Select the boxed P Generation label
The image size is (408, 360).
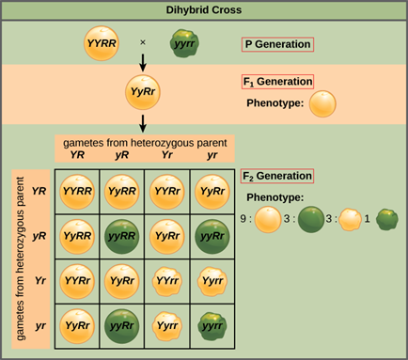tap(276, 44)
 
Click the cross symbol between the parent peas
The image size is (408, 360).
tap(143, 44)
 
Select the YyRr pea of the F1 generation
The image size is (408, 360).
tap(143, 94)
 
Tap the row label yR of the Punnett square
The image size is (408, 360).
tap(40, 235)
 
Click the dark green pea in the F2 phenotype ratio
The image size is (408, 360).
tap(309, 222)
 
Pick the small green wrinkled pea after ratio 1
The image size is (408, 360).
tap(386, 222)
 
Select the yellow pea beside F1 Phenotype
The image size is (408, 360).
tap(323, 102)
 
